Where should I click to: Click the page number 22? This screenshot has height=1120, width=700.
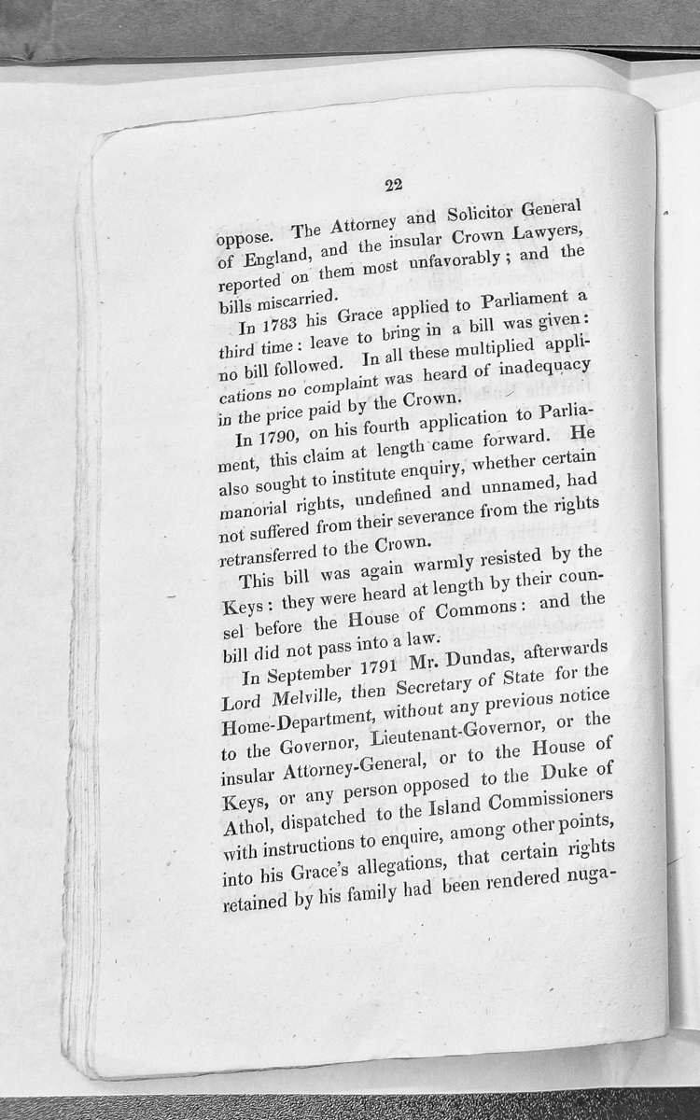click(x=392, y=184)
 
